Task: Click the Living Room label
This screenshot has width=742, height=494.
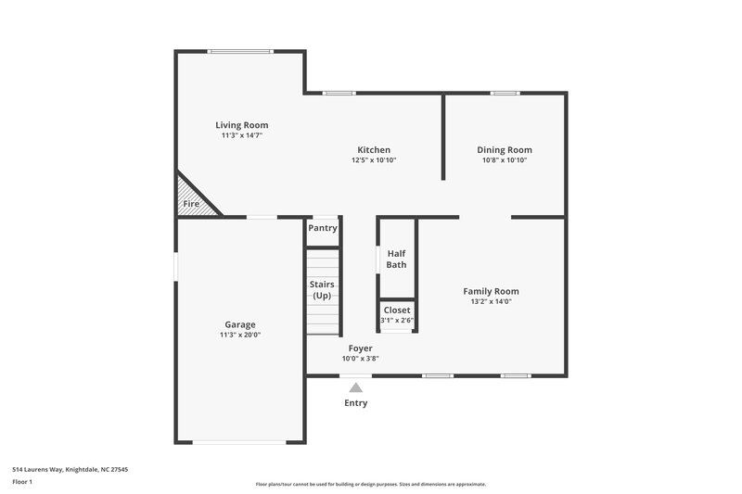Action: click(x=242, y=125)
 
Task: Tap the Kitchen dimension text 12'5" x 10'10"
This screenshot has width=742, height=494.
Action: click(x=374, y=160)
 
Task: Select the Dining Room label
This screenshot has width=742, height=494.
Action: click(x=505, y=149)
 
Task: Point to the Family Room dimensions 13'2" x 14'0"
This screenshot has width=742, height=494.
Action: click(x=491, y=301)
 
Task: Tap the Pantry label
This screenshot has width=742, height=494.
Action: click(x=323, y=228)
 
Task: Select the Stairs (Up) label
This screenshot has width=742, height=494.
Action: click(x=322, y=290)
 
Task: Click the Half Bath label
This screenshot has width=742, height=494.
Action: click(x=396, y=259)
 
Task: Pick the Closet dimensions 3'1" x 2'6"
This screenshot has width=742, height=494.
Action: click(x=396, y=321)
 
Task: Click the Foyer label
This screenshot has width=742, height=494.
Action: click(x=361, y=348)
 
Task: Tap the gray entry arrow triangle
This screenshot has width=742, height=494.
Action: click(x=356, y=388)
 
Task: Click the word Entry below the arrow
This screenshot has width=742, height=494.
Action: click(x=356, y=403)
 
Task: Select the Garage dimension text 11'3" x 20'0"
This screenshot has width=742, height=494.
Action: click(x=240, y=336)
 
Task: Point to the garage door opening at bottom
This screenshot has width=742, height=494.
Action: click(x=240, y=442)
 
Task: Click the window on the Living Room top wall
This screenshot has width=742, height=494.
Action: click(x=240, y=52)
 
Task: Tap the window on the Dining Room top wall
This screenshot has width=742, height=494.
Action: click(x=505, y=93)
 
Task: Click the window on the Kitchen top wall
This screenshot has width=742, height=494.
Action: click(x=339, y=93)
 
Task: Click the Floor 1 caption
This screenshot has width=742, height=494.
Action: click(x=23, y=483)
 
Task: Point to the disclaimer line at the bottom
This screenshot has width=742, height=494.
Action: click(x=370, y=484)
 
